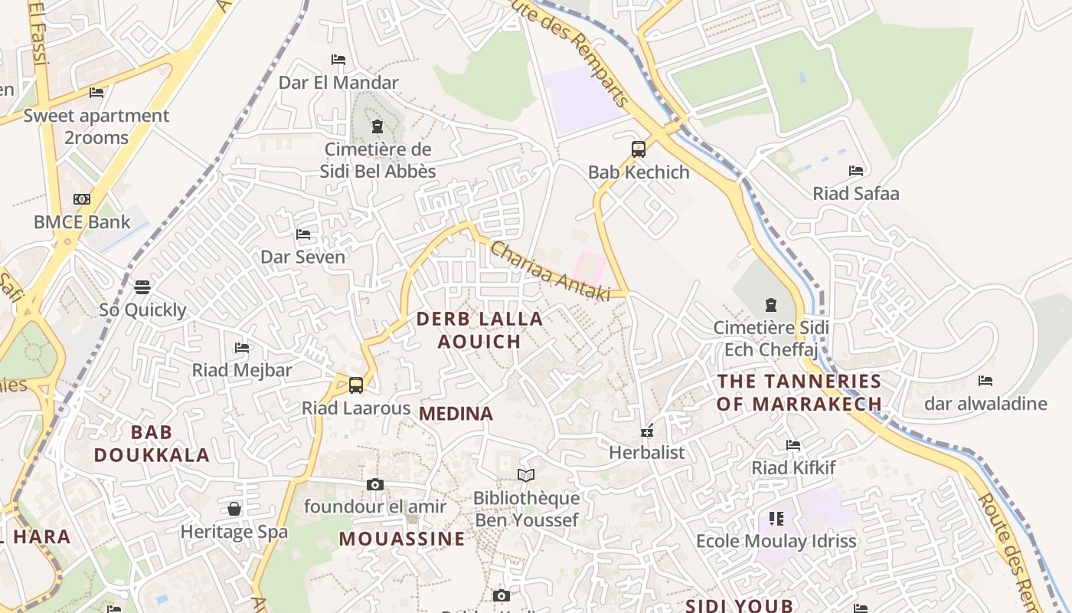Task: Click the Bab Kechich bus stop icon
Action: tap(639, 149)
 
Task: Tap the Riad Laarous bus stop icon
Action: tap(356, 385)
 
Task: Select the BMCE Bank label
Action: tap(82, 222)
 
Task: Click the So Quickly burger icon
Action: tap(142, 287)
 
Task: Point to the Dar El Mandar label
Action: tap(338, 83)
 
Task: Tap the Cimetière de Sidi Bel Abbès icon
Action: tap(377, 126)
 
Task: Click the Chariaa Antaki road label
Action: tap(549, 271)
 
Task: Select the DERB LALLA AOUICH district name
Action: tap(479, 330)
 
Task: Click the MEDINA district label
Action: tap(456, 414)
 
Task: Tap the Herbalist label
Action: tap(647, 452)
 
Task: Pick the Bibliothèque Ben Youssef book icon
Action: tap(525, 476)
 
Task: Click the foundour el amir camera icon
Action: tap(374, 484)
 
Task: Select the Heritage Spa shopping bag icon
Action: tap(234, 510)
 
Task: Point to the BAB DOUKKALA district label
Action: tap(152, 444)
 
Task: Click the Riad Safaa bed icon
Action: tap(856, 171)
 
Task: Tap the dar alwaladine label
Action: tap(985, 404)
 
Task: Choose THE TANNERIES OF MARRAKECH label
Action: tap(799, 392)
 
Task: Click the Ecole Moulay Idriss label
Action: tap(776, 541)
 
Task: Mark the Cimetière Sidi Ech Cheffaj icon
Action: tap(771, 305)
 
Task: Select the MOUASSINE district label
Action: tap(402, 539)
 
